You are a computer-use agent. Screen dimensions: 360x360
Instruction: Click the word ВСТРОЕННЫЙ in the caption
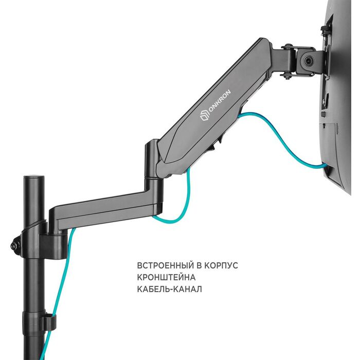click(165, 266)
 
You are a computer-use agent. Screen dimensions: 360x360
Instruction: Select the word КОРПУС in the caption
click(221, 266)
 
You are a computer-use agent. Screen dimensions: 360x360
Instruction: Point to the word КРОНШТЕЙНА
click(166, 277)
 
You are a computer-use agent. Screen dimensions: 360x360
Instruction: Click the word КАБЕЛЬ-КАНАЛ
click(169, 289)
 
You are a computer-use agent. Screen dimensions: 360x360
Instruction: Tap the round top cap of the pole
click(34, 178)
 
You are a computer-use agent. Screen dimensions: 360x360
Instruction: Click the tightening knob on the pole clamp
click(15, 245)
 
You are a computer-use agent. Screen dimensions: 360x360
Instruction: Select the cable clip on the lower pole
click(48, 322)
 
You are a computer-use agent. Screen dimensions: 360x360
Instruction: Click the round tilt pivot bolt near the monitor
click(308, 61)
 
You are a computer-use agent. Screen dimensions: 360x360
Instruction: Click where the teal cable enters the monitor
click(323, 164)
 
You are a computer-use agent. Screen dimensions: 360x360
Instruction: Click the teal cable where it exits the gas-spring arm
click(240, 116)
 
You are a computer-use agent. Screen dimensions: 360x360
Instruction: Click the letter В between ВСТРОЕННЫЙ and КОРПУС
click(199, 266)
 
